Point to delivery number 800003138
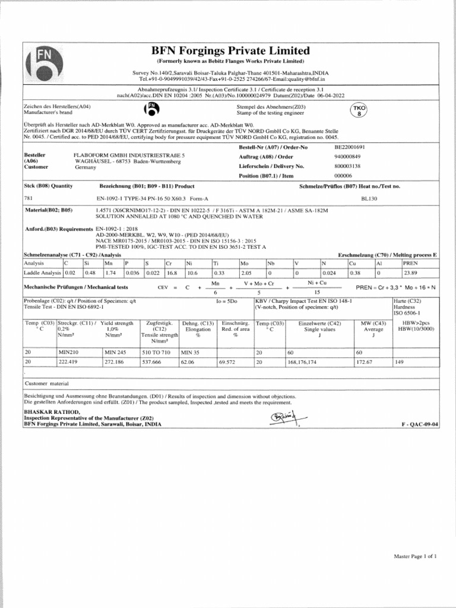tap(347, 166)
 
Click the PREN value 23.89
tap(410, 273)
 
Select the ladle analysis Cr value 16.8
tap(172, 273)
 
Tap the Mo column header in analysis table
tap(245, 262)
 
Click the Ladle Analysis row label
tap(42, 273)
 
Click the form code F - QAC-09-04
tap(420, 424)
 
